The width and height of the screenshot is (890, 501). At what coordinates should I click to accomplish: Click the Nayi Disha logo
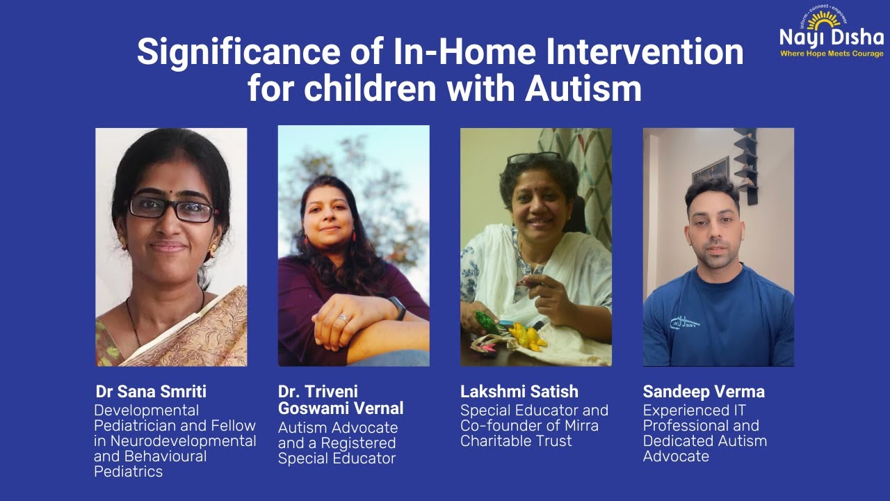(831, 31)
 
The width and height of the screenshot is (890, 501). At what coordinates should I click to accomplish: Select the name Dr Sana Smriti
(151, 392)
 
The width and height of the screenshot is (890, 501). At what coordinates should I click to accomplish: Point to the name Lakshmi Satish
(519, 392)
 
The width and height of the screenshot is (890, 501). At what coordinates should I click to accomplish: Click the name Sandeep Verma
(703, 392)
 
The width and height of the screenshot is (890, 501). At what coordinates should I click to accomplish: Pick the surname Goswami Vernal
(341, 408)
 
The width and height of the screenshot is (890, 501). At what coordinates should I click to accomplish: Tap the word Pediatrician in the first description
(137, 426)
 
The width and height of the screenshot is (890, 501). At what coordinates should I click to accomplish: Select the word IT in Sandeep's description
(736, 411)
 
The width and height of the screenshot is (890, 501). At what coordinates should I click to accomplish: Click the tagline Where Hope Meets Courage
(831, 54)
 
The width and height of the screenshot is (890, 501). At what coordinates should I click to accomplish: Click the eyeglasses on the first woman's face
(172, 207)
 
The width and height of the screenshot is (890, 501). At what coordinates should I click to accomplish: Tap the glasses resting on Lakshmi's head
(533, 157)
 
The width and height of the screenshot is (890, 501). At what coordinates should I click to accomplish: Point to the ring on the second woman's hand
(342, 319)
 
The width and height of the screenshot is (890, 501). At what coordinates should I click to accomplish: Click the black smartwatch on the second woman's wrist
(398, 307)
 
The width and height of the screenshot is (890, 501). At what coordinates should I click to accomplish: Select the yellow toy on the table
(527, 337)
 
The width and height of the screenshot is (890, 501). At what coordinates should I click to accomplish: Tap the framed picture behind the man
(711, 170)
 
